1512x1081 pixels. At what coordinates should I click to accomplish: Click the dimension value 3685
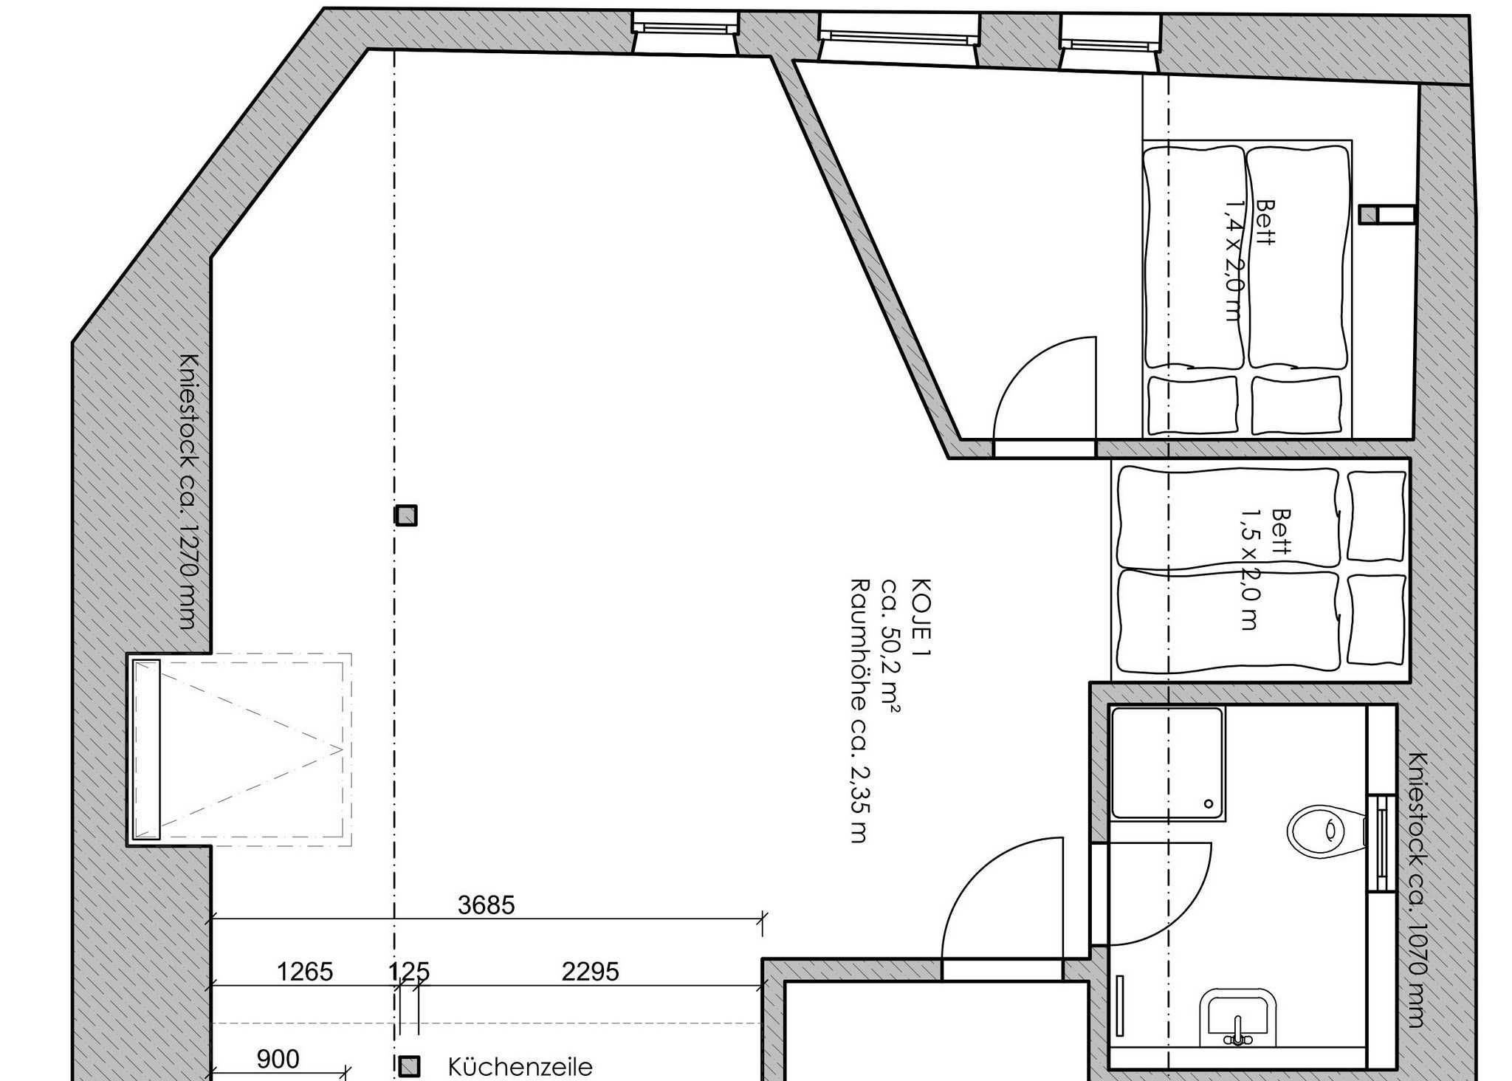click(486, 905)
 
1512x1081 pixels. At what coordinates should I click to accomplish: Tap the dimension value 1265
click(305, 972)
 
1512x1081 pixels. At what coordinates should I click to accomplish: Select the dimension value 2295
click(590, 972)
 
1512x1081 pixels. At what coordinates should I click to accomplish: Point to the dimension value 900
click(278, 1060)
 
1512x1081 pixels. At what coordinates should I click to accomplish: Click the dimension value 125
click(409, 972)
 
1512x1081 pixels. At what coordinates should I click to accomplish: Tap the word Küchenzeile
click(520, 1067)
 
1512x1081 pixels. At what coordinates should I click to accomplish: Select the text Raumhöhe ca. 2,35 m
click(858, 710)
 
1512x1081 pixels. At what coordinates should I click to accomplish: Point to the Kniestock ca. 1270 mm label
click(190, 491)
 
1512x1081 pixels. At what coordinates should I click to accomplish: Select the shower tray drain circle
click(1209, 803)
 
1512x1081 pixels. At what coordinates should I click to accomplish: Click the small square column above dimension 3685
click(406, 515)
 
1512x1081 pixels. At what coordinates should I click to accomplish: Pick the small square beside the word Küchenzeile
click(409, 1066)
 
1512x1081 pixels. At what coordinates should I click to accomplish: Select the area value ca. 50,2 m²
click(890, 646)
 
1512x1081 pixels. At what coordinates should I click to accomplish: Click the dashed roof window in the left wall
click(239, 749)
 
